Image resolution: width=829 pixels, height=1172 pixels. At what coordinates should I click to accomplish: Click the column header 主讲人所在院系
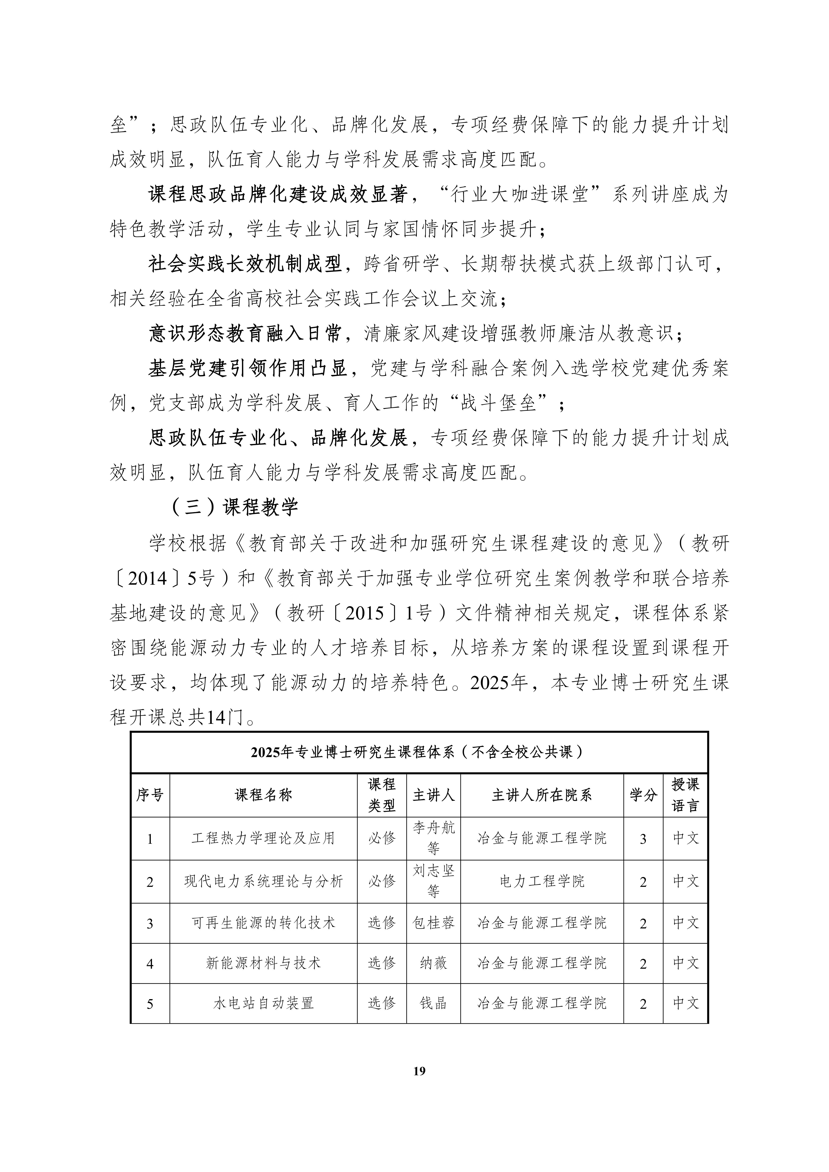(x=542, y=795)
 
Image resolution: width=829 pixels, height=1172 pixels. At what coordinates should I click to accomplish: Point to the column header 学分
(x=643, y=795)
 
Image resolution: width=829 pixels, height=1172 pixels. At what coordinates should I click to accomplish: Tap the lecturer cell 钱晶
(x=433, y=1003)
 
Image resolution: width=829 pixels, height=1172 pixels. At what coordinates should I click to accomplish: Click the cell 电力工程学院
(x=542, y=881)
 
